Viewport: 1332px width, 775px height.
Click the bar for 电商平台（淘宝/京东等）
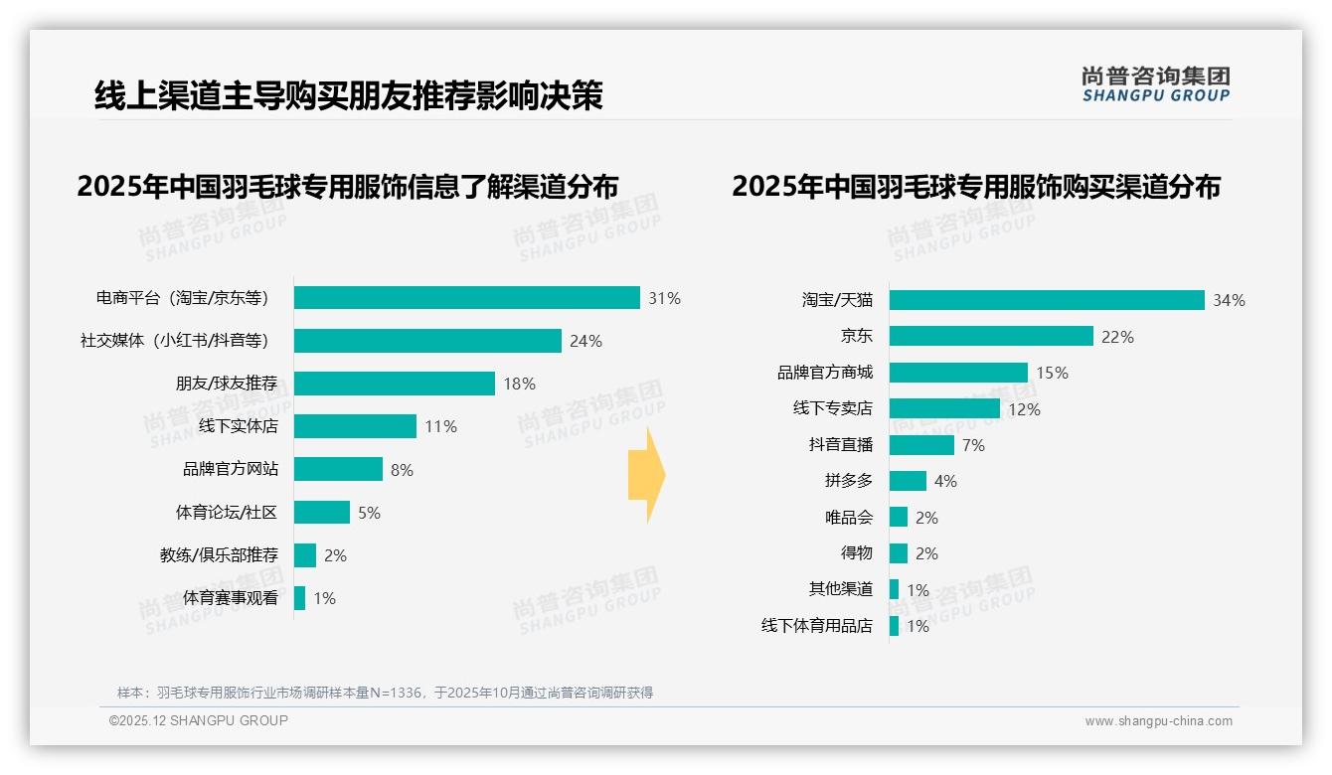point(467,298)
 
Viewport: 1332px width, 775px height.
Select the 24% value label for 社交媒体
point(585,341)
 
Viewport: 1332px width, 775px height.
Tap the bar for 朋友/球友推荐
point(395,384)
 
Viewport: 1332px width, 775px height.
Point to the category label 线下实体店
point(239,426)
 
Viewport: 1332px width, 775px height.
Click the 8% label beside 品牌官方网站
point(402,470)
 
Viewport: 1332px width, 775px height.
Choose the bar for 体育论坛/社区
point(322,513)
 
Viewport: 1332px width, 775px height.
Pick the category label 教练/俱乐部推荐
point(219,555)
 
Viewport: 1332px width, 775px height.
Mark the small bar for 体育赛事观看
point(300,598)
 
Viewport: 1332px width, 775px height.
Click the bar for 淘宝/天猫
point(1047,300)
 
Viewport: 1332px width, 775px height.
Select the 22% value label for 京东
point(1117,337)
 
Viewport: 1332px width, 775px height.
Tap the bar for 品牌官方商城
point(958,373)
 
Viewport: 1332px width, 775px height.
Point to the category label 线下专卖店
point(833,408)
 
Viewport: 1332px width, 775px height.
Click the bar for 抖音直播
point(921,445)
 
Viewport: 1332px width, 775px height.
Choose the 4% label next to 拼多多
point(945,481)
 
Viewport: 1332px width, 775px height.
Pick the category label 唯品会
point(849,518)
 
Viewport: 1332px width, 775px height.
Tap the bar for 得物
point(899,553)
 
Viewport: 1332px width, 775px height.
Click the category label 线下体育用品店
point(817,626)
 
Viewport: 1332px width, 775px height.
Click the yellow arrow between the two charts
point(647,475)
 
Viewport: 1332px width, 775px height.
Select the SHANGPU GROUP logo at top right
point(1156,83)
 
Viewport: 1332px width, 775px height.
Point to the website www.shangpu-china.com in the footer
point(1158,721)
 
